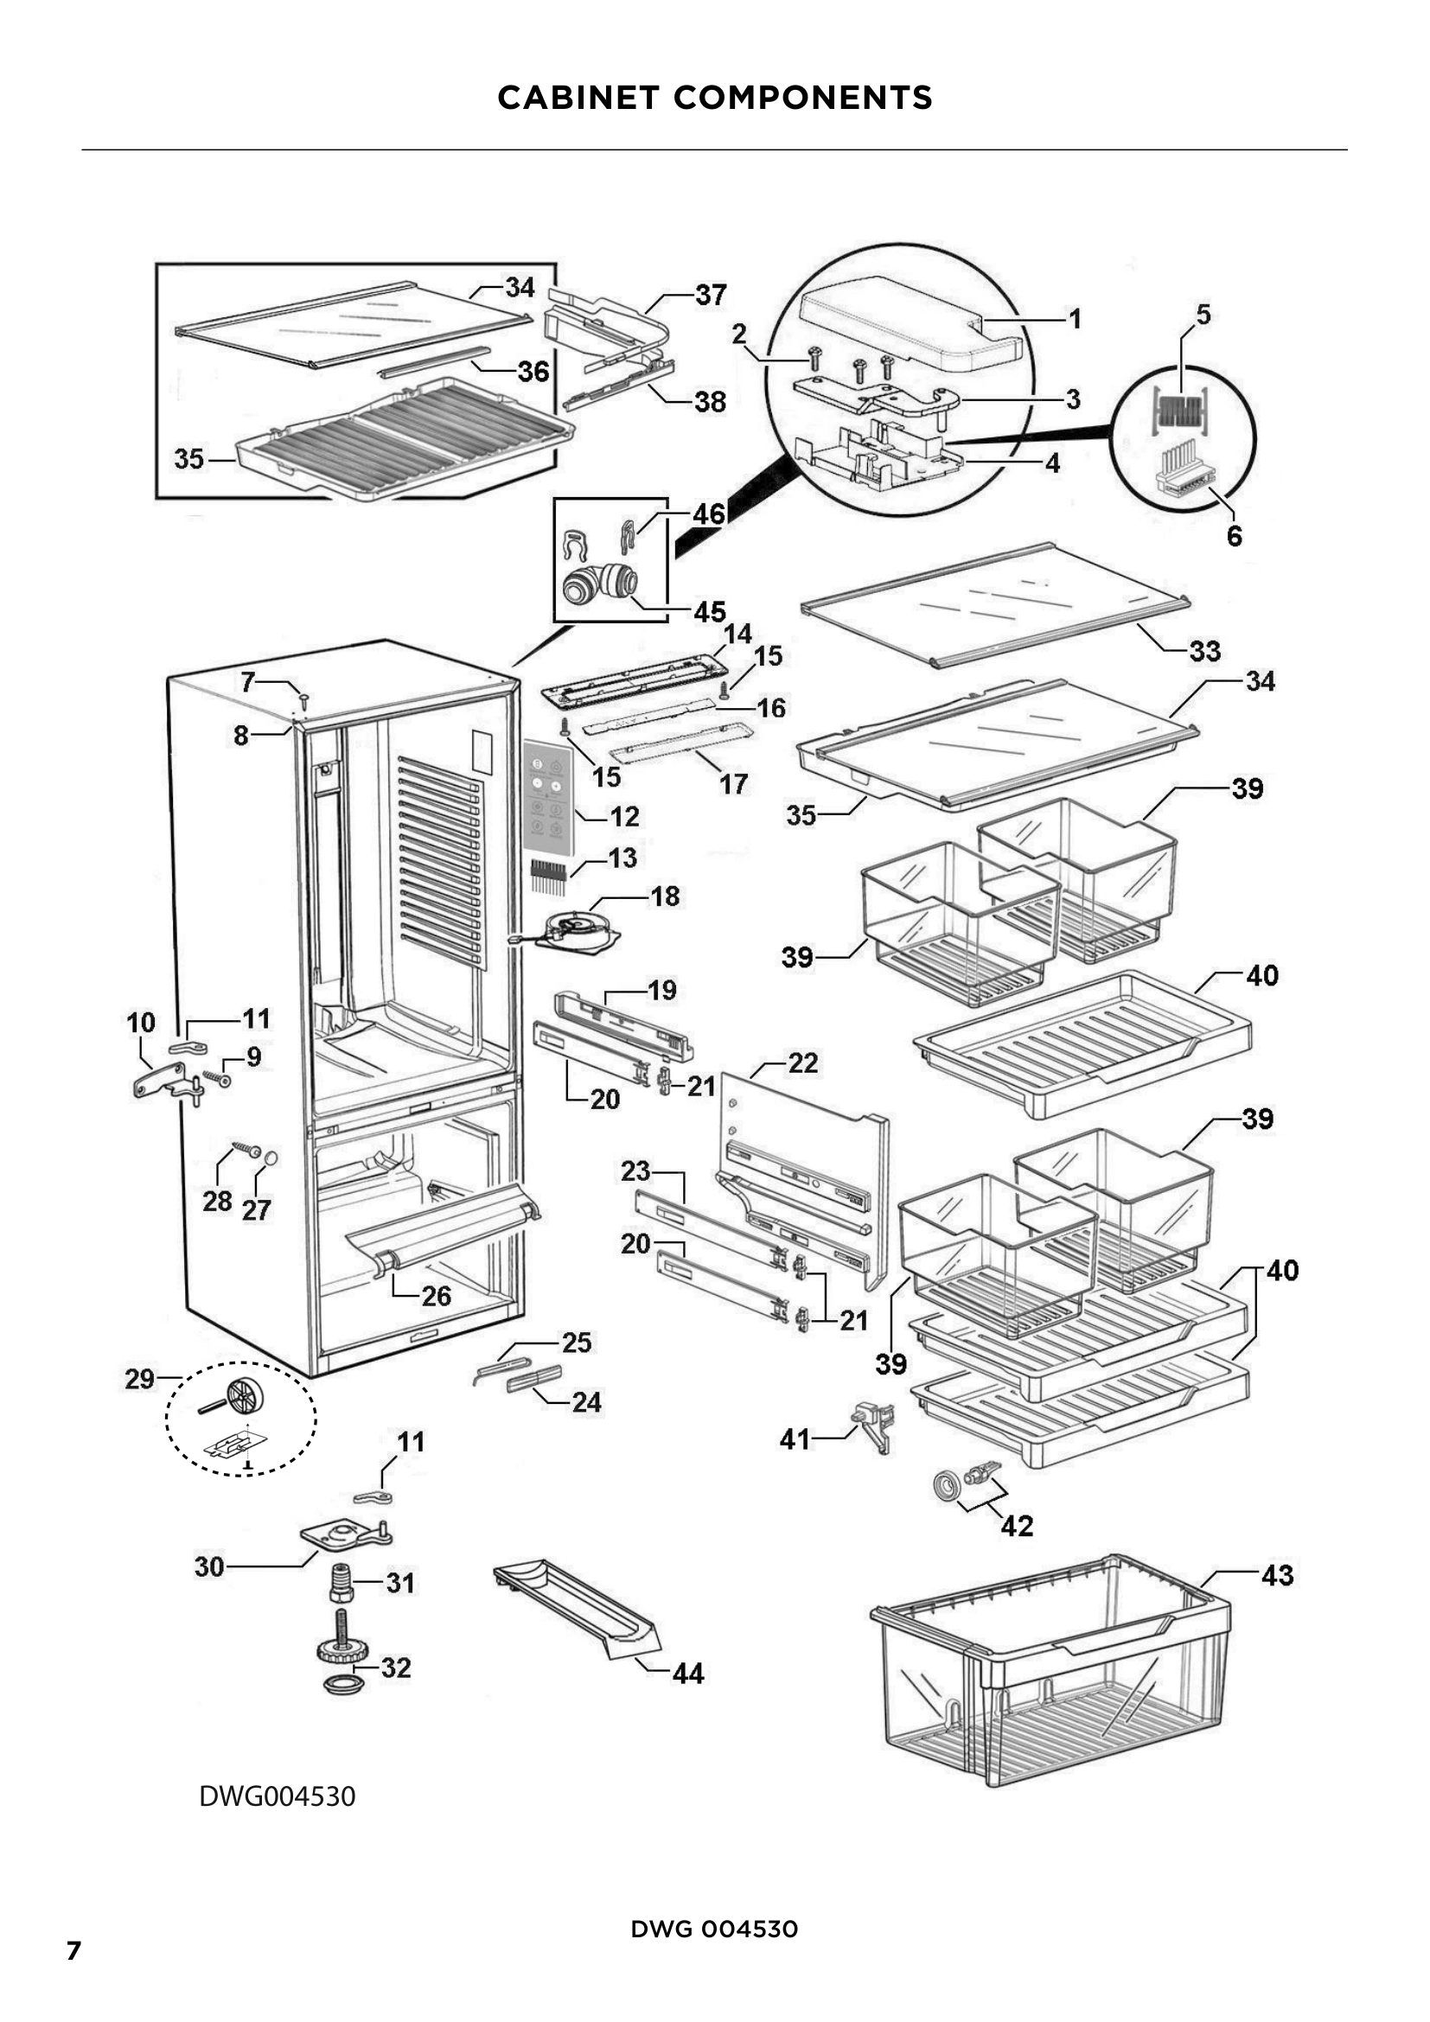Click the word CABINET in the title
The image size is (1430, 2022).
pos(578,98)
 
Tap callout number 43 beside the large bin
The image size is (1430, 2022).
pos(1277,1576)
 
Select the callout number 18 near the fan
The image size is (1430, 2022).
pos(665,896)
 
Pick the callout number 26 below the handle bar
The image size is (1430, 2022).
pos(436,1297)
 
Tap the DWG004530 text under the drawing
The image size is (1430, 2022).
pos(278,1796)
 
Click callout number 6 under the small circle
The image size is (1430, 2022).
pos(1234,535)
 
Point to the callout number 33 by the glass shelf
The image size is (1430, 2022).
pos(1204,651)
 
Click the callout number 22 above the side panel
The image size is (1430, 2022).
pos(802,1063)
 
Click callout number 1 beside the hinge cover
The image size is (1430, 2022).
pos(1075,319)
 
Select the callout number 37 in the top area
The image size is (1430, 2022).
pos(711,294)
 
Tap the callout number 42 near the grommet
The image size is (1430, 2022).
pos(1016,1526)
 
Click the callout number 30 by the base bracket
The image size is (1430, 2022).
pos(209,1566)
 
